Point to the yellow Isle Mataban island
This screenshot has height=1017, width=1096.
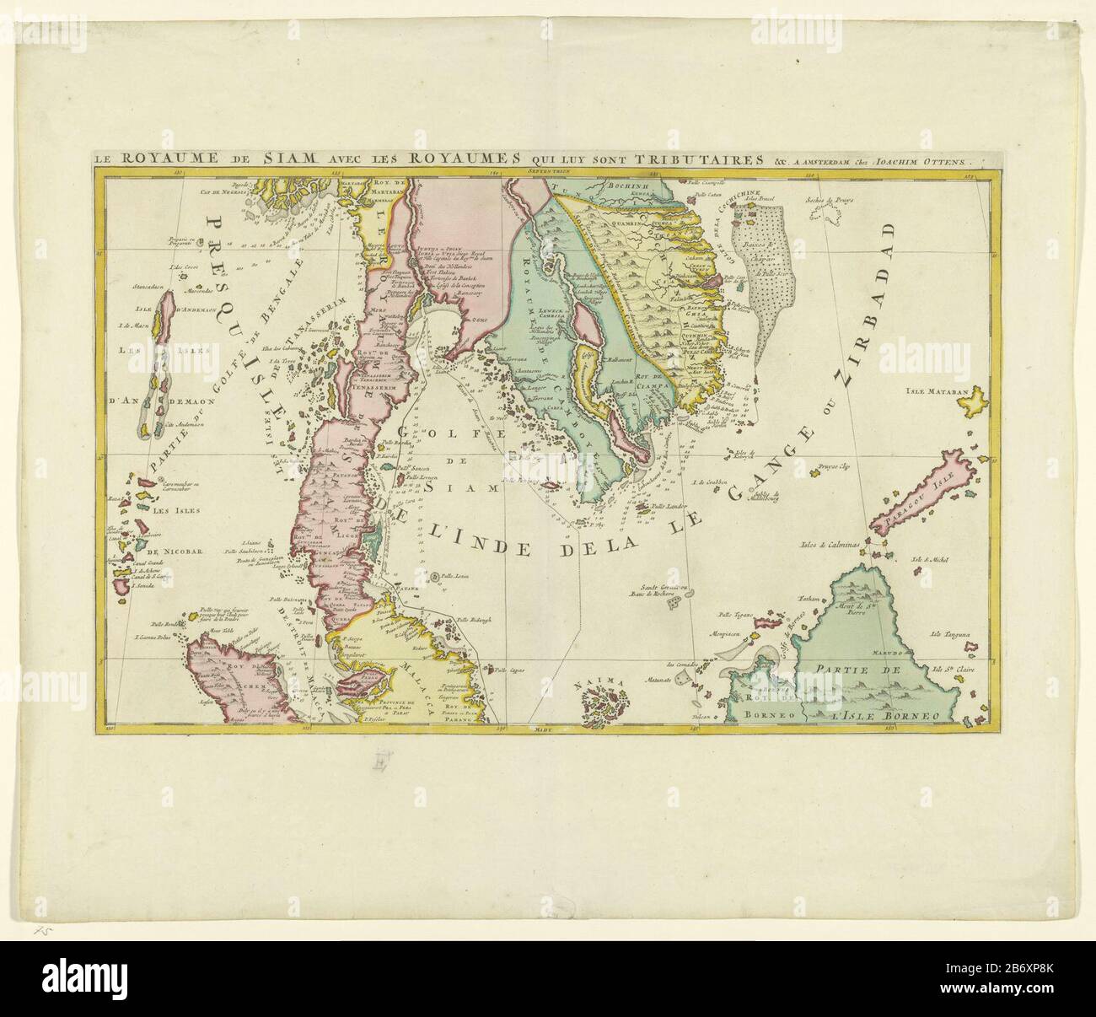(x=977, y=402)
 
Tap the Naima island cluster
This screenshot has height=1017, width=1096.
(x=605, y=698)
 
